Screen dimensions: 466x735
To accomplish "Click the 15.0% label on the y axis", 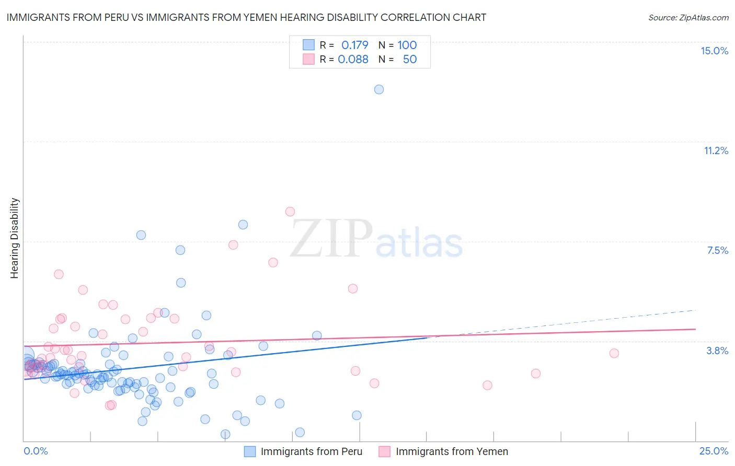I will (714, 51).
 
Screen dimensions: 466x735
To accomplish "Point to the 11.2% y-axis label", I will (716, 150).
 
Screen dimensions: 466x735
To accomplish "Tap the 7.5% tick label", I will (717, 250).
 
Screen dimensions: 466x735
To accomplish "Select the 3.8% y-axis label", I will (717, 351).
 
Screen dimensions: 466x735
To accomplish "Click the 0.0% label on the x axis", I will (36, 451).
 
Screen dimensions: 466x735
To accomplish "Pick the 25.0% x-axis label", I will (714, 451).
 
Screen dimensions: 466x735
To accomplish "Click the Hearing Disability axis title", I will (15, 238).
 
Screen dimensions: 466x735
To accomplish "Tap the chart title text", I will (246, 17).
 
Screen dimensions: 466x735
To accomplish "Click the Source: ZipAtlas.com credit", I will (688, 17).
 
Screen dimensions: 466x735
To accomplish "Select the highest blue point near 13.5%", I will (379, 89).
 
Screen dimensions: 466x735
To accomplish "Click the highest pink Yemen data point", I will (290, 212).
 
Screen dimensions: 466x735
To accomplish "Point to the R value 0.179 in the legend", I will (354, 45).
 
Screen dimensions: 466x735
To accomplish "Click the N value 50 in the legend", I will (409, 59).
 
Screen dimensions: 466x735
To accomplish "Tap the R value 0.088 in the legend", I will (353, 59).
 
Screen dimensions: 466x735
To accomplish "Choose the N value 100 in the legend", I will (407, 45).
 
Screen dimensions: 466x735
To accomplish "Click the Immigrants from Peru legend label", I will (311, 451).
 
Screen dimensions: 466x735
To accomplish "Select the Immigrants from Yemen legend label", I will (452, 451).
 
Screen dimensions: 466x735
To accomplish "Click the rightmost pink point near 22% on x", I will (614, 353).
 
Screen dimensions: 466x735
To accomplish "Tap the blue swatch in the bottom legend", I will (250, 451).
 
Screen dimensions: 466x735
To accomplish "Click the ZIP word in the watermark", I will (331, 238).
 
